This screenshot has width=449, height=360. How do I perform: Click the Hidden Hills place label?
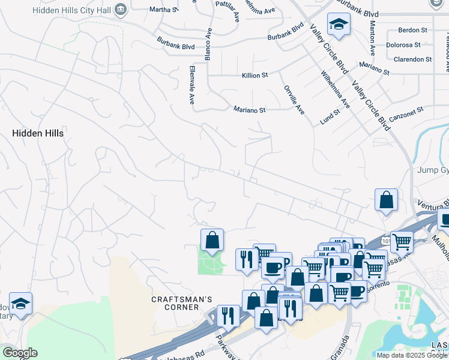click(x=37, y=133)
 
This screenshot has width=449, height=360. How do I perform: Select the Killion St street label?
click(x=255, y=75)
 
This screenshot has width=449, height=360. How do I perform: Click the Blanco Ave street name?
click(x=208, y=44)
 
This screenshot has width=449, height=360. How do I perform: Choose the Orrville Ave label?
click(x=294, y=99)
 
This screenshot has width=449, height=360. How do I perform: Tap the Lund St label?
click(x=330, y=116)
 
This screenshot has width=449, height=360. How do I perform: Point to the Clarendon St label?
click(x=412, y=59)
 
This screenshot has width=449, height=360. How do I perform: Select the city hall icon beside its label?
click(x=121, y=9)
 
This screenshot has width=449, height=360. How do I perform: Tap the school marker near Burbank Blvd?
click(x=339, y=25)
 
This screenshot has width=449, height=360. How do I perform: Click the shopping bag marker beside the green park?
click(x=212, y=240)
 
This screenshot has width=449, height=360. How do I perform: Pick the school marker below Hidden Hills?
click(x=20, y=304)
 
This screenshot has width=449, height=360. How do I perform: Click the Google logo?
click(x=19, y=353)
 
